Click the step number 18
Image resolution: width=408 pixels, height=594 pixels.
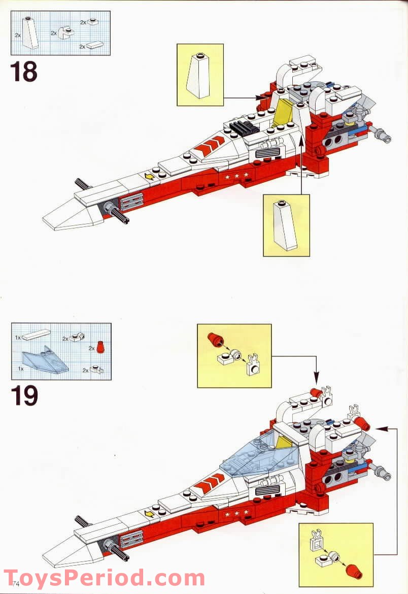[x=23, y=72]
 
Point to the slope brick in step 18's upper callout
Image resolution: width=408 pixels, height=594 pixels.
[x=199, y=75]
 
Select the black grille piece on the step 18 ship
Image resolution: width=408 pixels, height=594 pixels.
[x=241, y=128]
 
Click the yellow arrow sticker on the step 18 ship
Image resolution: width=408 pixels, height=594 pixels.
[x=150, y=176]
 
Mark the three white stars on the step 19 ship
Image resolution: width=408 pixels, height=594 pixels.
[x=236, y=515]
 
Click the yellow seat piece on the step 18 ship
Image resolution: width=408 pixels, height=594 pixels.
[x=282, y=113]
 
